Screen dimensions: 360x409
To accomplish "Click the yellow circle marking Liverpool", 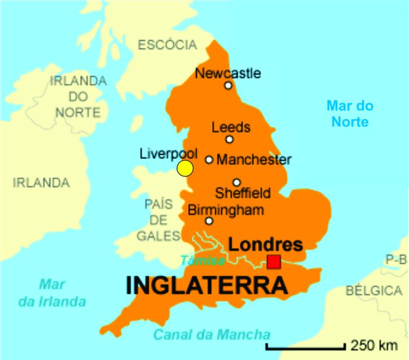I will [x=185, y=168].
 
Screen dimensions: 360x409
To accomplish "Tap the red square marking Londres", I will [x=274, y=262].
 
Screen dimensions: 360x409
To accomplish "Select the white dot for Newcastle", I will [x=228, y=85].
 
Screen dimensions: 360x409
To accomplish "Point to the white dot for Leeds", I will [x=230, y=139].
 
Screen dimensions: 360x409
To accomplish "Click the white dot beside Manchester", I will [x=209, y=159].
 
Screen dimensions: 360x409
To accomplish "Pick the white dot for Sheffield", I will [x=236, y=182].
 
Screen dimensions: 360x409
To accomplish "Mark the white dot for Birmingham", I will [x=209, y=221].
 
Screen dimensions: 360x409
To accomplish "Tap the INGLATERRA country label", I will [x=207, y=285].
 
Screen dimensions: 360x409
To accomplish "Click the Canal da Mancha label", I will [x=212, y=333].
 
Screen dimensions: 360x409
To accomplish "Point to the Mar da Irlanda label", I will [x=52, y=293].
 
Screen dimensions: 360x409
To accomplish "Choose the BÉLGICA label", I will [x=373, y=291].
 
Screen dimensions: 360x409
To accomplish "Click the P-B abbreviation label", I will [x=396, y=260].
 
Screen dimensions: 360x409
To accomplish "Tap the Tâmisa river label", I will [x=203, y=261].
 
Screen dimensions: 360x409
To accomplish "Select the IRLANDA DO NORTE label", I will [x=78, y=96].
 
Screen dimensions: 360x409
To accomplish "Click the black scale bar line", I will [x=305, y=346].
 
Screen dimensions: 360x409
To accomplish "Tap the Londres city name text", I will [x=265, y=245].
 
